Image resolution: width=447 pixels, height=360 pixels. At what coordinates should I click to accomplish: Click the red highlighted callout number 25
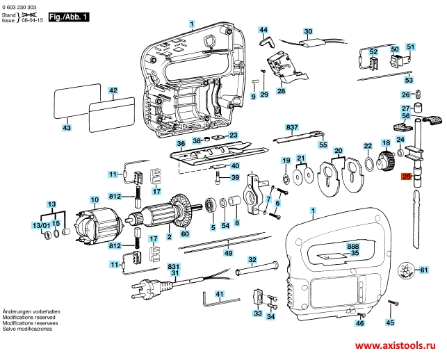click(407, 179)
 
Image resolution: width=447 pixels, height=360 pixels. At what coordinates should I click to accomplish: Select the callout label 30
click(308, 31)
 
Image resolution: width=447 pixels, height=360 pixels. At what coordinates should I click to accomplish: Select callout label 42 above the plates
click(113, 90)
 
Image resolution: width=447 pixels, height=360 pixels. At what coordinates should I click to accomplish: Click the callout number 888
click(353, 247)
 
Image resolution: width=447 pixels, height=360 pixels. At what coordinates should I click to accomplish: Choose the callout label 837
click(291, 126)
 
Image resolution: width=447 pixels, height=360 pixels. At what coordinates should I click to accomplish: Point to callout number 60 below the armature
click(185, 234)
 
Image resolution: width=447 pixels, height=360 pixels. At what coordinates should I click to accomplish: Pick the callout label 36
click(180, 144)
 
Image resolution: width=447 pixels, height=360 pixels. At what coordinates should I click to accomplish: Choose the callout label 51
click(410, 47)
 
